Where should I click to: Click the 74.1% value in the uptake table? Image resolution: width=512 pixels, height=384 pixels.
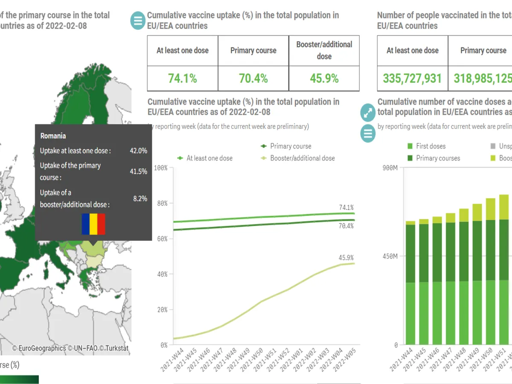point(182,79)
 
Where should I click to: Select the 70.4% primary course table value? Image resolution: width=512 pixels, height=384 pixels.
point(253,79)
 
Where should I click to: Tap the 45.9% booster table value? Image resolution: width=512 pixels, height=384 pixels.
point(324,79)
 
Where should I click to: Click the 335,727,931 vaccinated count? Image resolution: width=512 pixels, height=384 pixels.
point(412,79)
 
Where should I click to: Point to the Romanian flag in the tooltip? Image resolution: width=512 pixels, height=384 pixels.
point(93,224)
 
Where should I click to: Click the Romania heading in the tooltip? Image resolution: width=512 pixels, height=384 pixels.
point(53,136)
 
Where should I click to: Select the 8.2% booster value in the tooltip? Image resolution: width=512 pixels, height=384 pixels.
point(140,198)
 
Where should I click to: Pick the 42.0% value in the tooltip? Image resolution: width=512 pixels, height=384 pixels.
point(138,151)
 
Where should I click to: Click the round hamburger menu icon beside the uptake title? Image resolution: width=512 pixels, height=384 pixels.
point(137,20)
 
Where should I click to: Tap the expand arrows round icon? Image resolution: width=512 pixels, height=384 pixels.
point(368,113)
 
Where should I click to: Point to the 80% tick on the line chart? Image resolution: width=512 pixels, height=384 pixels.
point(162,204)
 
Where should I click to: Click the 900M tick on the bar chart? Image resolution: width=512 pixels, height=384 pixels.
point(390,168)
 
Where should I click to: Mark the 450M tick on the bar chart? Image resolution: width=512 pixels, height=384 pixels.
point(390,256)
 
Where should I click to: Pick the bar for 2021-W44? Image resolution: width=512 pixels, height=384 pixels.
point(410,283)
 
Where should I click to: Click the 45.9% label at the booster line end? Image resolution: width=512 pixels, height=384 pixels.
point(346,258)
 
